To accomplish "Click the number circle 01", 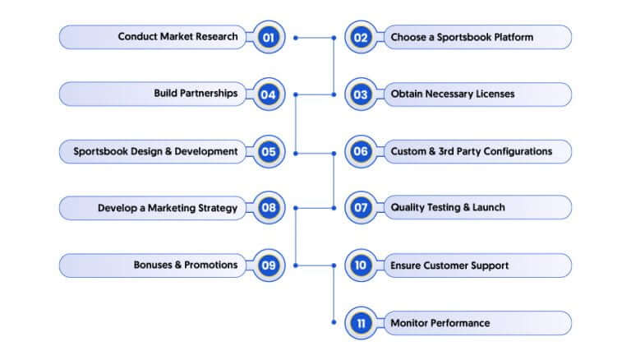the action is [x=269, y=38].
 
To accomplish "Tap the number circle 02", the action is [x=361, y=38].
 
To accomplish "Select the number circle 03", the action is [x=361, y=95].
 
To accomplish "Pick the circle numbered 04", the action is [x=269, y=95].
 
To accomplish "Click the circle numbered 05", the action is [x=269, y=152].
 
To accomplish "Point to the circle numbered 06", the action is [x=361, y=152].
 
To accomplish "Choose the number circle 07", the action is [x=361, y=208].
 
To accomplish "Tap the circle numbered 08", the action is [x=269, y=208].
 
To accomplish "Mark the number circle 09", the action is [x=269, y=265].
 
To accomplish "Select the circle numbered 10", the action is [x=361, y=265].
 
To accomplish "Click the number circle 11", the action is [x=361, y=323].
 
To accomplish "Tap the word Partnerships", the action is [x=209, y=94].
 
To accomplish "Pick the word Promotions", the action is [x=211, y=265].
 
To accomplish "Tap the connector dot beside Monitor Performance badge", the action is [x=334, y=322].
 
